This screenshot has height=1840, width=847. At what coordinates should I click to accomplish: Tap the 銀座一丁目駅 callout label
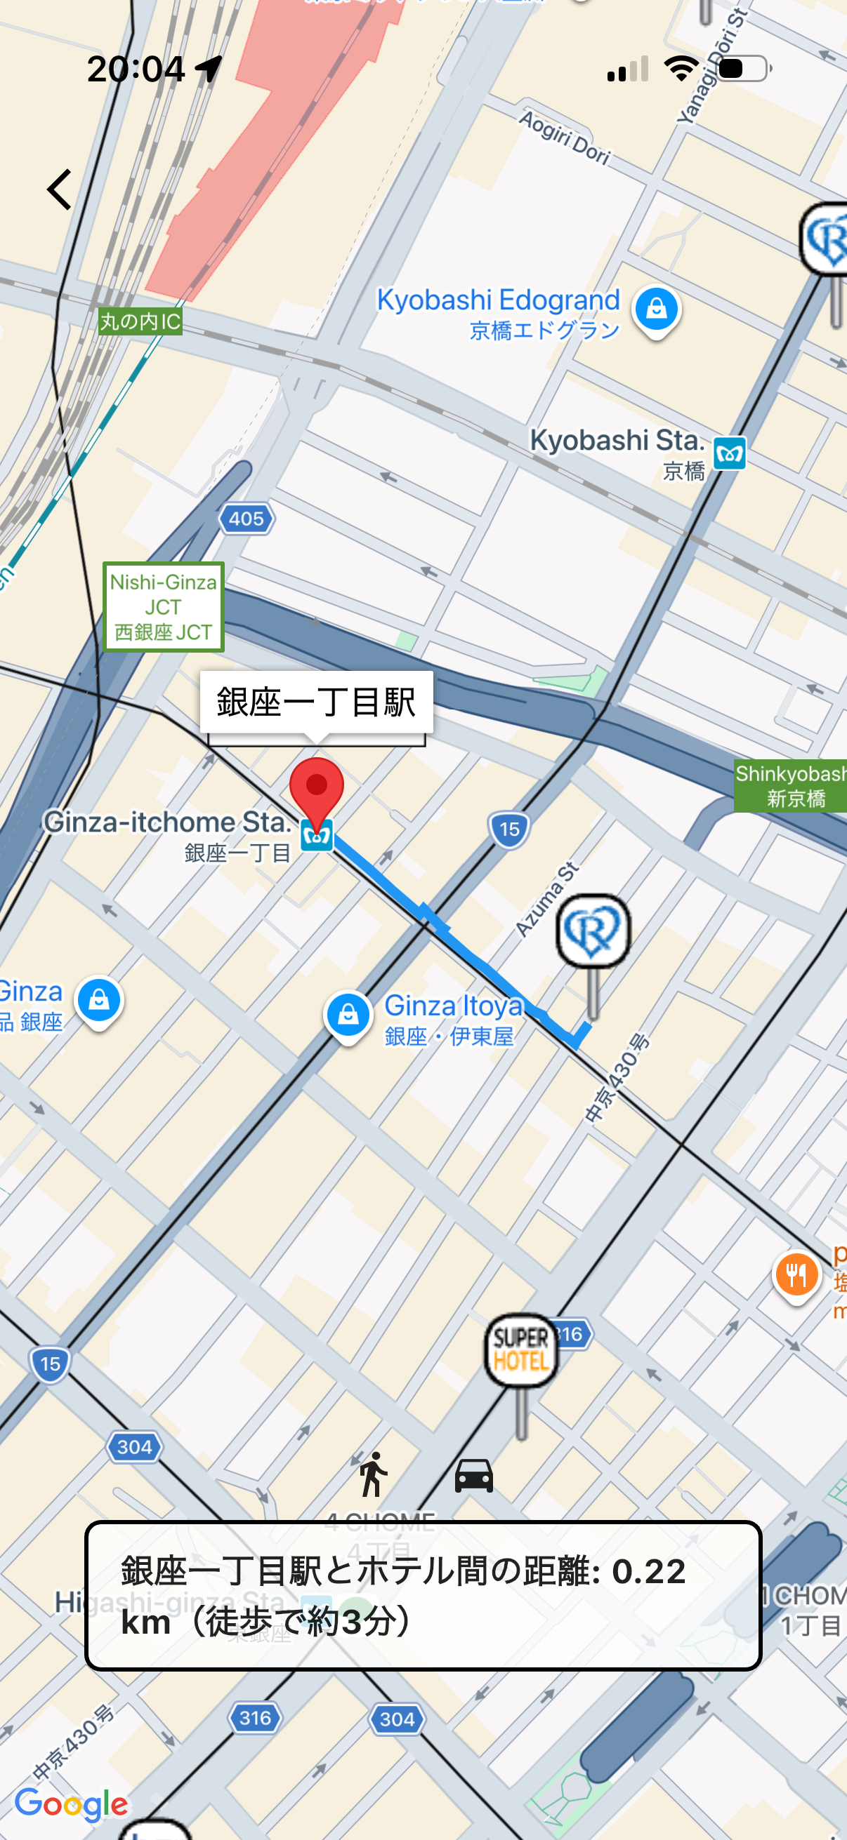coord(316,703)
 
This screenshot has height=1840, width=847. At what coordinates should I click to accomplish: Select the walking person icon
coord(372,1474)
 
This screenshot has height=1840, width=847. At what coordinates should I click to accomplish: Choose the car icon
coord(474,1476)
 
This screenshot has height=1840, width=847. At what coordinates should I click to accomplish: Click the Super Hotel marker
coord(521,1351)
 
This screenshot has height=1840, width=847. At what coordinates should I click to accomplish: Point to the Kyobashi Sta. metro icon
coord(730,453)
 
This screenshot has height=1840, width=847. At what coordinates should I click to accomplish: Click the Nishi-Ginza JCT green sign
coord(164,607)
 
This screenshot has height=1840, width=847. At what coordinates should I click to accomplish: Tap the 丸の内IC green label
coord(140,321)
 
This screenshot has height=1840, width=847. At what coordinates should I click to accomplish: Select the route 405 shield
coord(247,519)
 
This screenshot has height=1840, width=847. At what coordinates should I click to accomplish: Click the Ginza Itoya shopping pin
coord(348,1015)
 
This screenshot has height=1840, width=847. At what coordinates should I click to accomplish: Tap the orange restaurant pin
coord(796,1275)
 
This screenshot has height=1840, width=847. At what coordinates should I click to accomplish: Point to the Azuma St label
coord(548,899)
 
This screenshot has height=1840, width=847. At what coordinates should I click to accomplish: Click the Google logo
coord(72,1804)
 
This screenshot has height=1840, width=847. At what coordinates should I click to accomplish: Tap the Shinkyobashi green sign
coord(791,786)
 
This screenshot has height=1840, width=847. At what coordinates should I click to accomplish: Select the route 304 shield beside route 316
coord(397,1719)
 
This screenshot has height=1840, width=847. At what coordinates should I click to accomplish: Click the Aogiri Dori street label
coord(565,138)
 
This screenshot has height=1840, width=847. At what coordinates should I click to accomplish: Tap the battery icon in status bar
coord(743,69)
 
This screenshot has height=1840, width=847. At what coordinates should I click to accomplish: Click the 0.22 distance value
coord(649,1571)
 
